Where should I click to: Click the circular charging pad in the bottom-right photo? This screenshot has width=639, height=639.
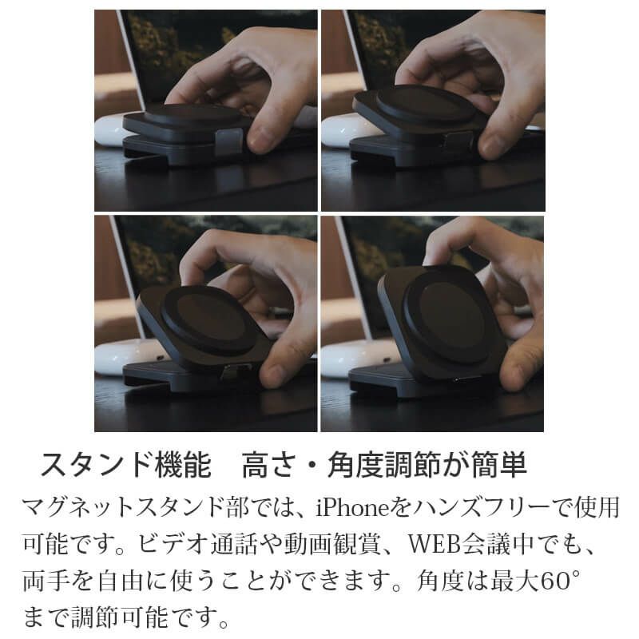click(445, 317)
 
